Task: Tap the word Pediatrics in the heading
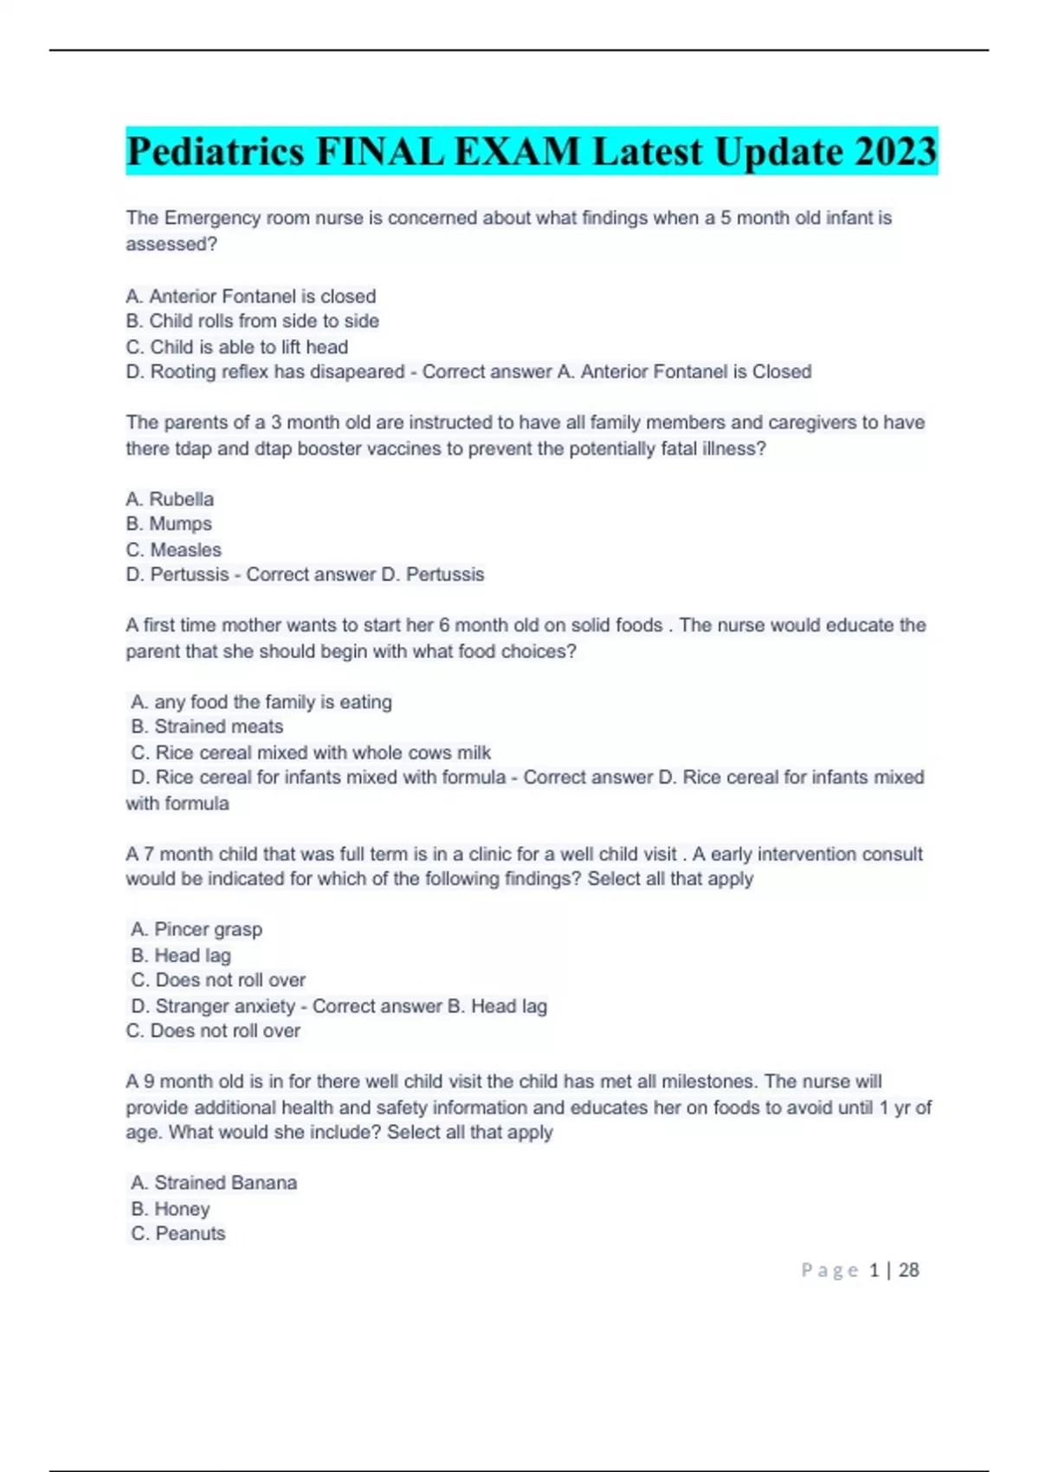215,152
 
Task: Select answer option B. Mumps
169,524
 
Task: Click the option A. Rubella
170,499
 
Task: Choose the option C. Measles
173,550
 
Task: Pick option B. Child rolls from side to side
252,321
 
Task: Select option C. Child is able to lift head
236,347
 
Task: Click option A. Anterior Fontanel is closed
250,296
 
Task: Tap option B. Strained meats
207,726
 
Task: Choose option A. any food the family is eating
261,702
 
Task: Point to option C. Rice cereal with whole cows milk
311,752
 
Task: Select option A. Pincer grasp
197,929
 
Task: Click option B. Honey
171,1209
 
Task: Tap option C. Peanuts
178,1234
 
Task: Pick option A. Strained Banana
214,1183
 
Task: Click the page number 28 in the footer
908,1270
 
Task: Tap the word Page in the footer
829,1270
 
